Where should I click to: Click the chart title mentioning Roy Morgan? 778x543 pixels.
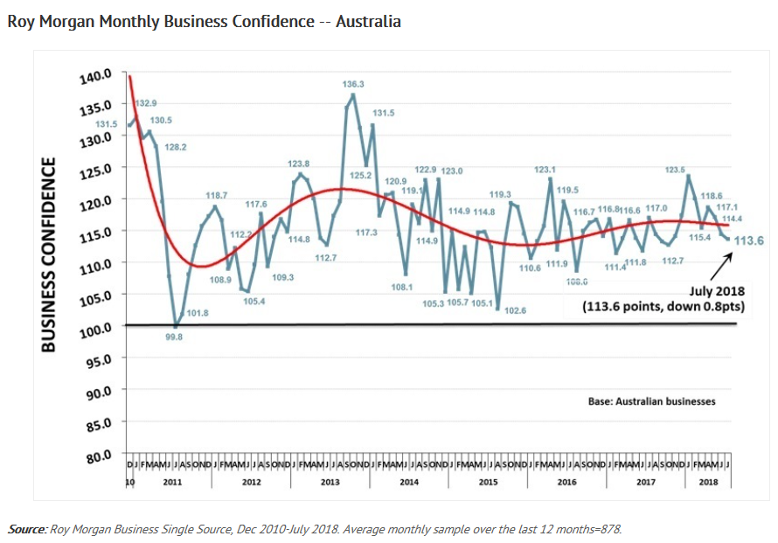tap(204, 22)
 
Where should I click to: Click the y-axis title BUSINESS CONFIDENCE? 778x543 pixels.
tap(50, 254)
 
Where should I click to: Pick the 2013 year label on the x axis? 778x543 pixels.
tap(330, 482)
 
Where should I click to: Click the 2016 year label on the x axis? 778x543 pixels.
tap(566, 482)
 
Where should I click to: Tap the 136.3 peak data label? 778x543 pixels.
tap(353, 84)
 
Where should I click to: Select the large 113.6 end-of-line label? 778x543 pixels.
tap(750, 241)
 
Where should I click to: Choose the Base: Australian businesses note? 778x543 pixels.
tap(652, 401)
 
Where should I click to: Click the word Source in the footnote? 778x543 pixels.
tap(26, 529)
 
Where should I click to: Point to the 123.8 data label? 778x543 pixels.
tap(299, 164)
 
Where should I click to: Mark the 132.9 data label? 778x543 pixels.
tap(146, 103)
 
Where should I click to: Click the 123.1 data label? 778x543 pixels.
tap(545, 170)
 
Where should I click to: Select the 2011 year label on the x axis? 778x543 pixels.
tap(171, 482)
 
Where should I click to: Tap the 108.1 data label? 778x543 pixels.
tap(402, 287)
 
